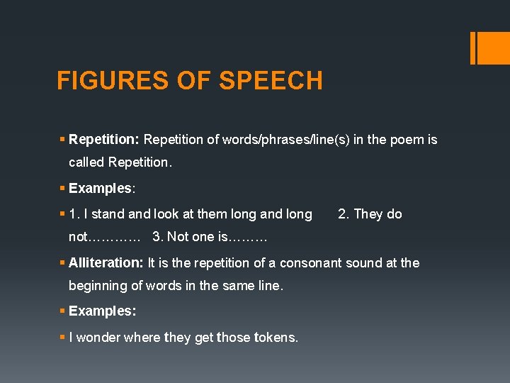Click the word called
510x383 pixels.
(x=86, y=162)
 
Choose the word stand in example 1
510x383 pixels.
(x=108, y=214)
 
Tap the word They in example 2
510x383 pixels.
(x=368, y=214)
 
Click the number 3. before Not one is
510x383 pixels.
(x=157, y=237)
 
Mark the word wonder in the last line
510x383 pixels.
(x=98, y=338)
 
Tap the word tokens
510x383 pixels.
(x=274, y=338)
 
